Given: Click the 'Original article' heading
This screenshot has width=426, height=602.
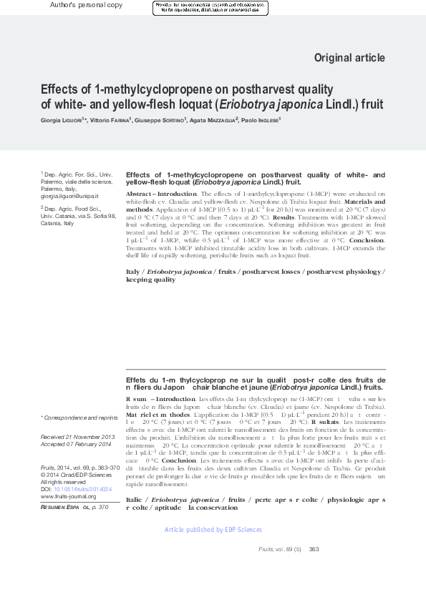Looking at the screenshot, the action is pos(349,57).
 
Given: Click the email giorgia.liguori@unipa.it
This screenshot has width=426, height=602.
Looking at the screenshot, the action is pos(69,196).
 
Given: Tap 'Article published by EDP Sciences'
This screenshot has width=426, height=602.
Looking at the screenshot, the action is pos(213,530).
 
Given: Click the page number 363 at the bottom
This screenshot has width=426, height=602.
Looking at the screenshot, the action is pos(314,548).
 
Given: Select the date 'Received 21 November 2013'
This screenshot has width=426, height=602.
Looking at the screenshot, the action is pos(77,436).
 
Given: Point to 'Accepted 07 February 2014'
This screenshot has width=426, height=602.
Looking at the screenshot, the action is pos(76,444).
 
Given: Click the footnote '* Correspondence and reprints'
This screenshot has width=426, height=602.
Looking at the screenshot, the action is pos(79,417).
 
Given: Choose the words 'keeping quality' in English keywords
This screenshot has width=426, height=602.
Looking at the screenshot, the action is pos(150,280).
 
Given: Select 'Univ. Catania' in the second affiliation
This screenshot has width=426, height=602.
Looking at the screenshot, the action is pos(57,216).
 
